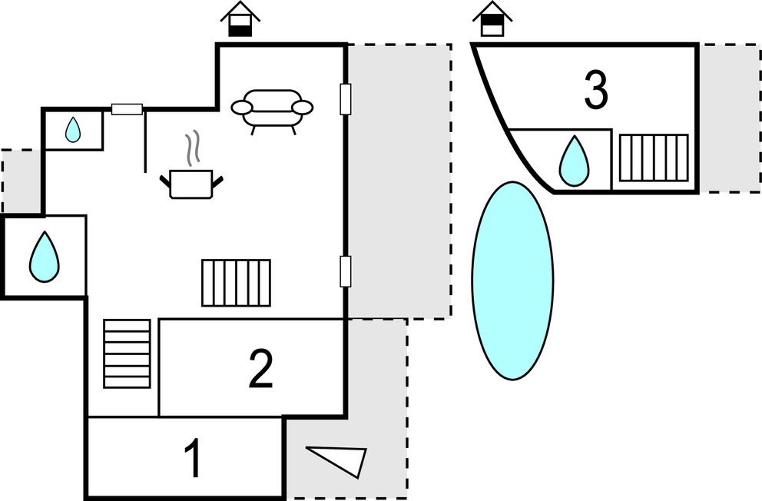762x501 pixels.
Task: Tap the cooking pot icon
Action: (x=191, y=184)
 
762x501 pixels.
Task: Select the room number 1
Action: (x=194, y=458)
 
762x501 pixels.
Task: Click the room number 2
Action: (x=261, y=369)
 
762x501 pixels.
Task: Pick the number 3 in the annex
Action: (x=596, y=90)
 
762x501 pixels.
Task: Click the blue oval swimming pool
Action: (x=512, y=281)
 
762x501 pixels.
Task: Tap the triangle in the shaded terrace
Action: (x=336, y=462)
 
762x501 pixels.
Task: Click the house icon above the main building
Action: (x=240, y=19)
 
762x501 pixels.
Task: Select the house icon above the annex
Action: (x=492, y=19)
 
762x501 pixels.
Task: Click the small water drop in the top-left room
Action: (x=73, y=130)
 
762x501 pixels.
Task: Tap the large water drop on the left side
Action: (x=45, y=257)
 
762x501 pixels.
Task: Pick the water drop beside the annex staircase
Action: (x=574, y=161)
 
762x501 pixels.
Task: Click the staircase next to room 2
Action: (x=127, y=353)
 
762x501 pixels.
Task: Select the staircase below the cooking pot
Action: (x=236, y=283)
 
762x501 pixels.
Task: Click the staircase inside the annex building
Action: (x=654, y=158)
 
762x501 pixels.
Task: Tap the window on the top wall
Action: (x=128, y=109)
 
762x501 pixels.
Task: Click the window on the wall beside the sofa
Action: (x=345, y=99)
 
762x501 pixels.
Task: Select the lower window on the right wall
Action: (x=345, y=272)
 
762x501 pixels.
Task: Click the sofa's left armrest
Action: (x=241, y=107)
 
